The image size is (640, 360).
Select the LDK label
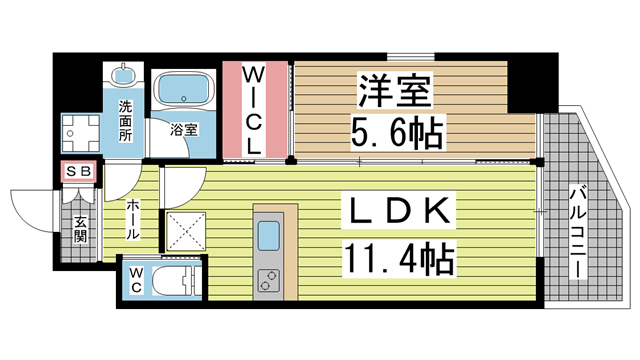tap(395, 214)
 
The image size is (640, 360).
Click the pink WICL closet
tap(256, 110)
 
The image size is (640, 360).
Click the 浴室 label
tap(183, 129)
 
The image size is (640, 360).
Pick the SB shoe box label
tap(79, 172)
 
